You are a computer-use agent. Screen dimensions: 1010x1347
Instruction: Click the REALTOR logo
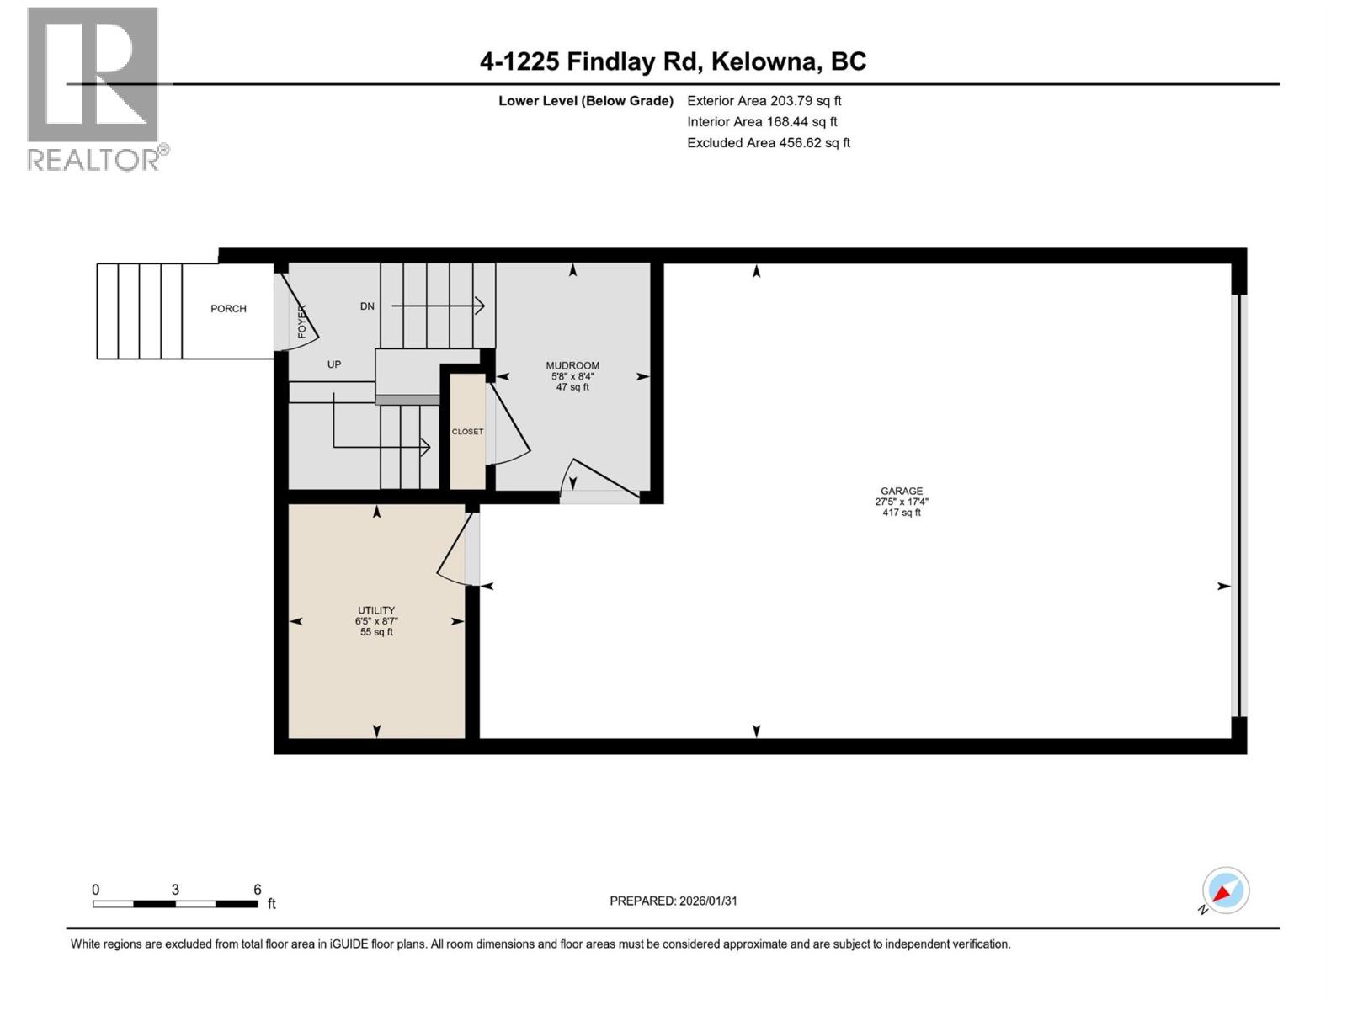[x=93, y=88]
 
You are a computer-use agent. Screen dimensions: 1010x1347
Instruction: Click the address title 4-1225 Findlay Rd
[x=673, y=61]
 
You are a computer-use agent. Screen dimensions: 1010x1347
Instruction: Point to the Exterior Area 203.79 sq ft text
[x=764, y=100]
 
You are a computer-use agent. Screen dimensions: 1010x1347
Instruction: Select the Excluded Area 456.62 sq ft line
[x=768, y=142]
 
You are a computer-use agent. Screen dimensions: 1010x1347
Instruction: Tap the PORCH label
[x=228, y=309]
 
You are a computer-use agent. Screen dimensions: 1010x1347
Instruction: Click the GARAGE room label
[x=902, y=491]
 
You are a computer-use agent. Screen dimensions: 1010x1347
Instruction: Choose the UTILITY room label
[x=376, y=610]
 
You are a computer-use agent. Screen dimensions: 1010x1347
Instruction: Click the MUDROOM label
[x=572, y=365]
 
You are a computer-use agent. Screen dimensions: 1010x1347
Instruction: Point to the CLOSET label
[x=467, y=432]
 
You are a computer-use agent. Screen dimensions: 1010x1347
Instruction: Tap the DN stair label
[x=367, y=306]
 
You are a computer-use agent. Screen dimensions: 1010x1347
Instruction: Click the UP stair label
[x=334, y=364]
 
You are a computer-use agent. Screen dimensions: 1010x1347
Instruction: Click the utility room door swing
[x=455, y=551]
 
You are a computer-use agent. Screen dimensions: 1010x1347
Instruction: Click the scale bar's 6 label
[x=258, y=890]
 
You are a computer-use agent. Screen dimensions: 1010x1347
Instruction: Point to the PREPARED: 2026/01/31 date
[x=673, y=901]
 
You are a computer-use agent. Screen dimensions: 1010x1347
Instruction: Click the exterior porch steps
[x=139, y=311]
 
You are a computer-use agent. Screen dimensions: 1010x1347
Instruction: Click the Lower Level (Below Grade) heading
[x=586, y=101]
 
